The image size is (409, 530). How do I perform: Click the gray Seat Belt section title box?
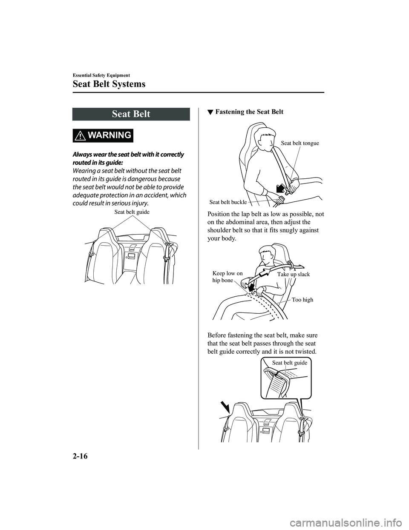131,114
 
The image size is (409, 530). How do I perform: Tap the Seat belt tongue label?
300,143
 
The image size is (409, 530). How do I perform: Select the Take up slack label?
294,274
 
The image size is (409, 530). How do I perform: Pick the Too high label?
302,300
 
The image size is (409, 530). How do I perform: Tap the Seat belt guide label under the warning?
132,212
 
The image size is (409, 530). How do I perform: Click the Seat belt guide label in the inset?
289,363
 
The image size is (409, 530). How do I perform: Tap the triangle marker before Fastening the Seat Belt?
209,112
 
